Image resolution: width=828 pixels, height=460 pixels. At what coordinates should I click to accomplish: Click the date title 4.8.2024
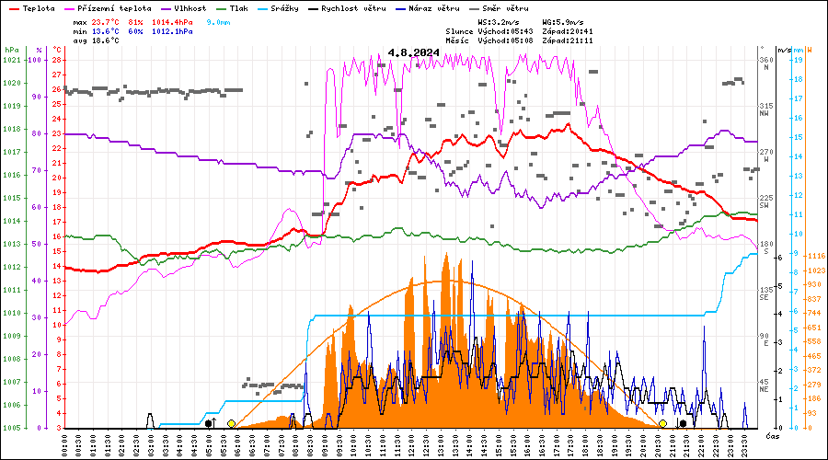(413, 52)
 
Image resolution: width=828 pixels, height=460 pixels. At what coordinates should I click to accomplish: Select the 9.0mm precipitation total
(218, 20)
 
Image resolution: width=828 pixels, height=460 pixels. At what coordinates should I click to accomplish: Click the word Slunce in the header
(458, 30)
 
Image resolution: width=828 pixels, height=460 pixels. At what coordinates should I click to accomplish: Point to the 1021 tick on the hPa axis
(11, 60)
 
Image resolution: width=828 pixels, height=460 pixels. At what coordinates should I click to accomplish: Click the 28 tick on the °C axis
(57, 60)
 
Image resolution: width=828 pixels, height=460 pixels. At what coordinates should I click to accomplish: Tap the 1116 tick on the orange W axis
(814, 256)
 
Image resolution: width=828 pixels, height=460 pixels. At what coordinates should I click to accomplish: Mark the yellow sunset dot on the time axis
(662, 423)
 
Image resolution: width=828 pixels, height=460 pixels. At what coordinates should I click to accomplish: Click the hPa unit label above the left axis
(10, 49)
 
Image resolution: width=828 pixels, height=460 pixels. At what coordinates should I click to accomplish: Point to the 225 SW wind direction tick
(765, 201)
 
